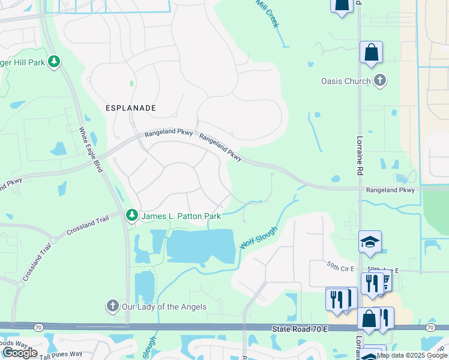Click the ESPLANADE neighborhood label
coord(131,108)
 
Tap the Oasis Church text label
coord(346,81)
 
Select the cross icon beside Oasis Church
coord(379,80)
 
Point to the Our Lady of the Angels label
coord(164,307)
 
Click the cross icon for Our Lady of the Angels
coord(112,306)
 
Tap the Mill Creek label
coord(267,13)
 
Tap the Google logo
coord(20,352)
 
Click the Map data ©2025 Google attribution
coord(411,355)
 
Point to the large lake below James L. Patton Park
coord(198,247)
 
